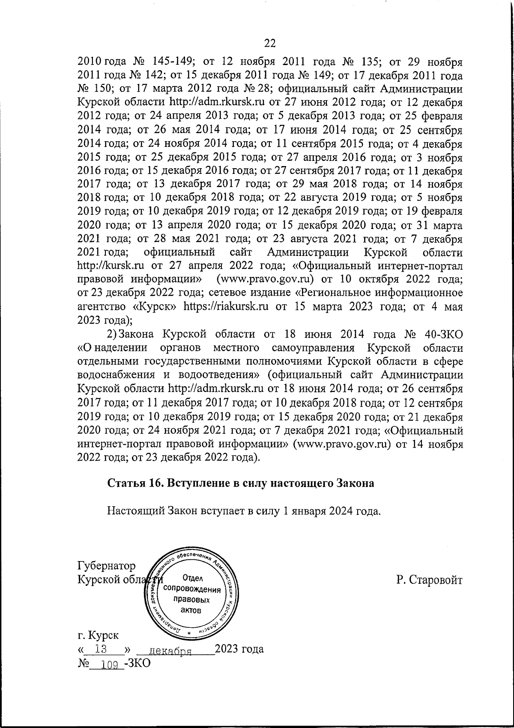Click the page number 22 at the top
coord(269,43)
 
